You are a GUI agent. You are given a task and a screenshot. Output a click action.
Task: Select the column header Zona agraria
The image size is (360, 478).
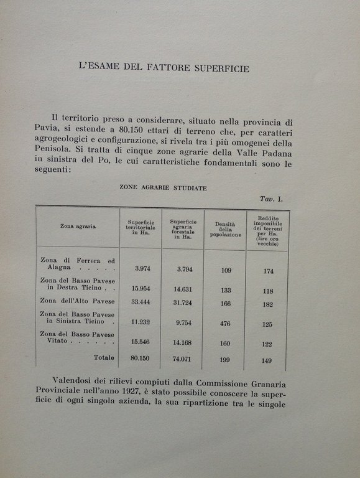pyautogui.click(x=78, y=227)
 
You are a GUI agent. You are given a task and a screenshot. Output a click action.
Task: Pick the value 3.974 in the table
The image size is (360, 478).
pyautogui.click(x=144, y=269)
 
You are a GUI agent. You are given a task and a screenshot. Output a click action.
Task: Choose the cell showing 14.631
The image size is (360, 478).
pyautogui.click(x=183, y=289)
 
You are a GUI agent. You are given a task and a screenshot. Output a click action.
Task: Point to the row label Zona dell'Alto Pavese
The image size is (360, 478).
pyautogui.click(x=77, y=301)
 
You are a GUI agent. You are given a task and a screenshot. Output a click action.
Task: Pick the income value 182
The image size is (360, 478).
pyautogui.click(x=268, y=305)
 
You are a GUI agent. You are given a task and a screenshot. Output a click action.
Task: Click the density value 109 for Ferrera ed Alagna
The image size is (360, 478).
pyautogui.click(x=225, y=270)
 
